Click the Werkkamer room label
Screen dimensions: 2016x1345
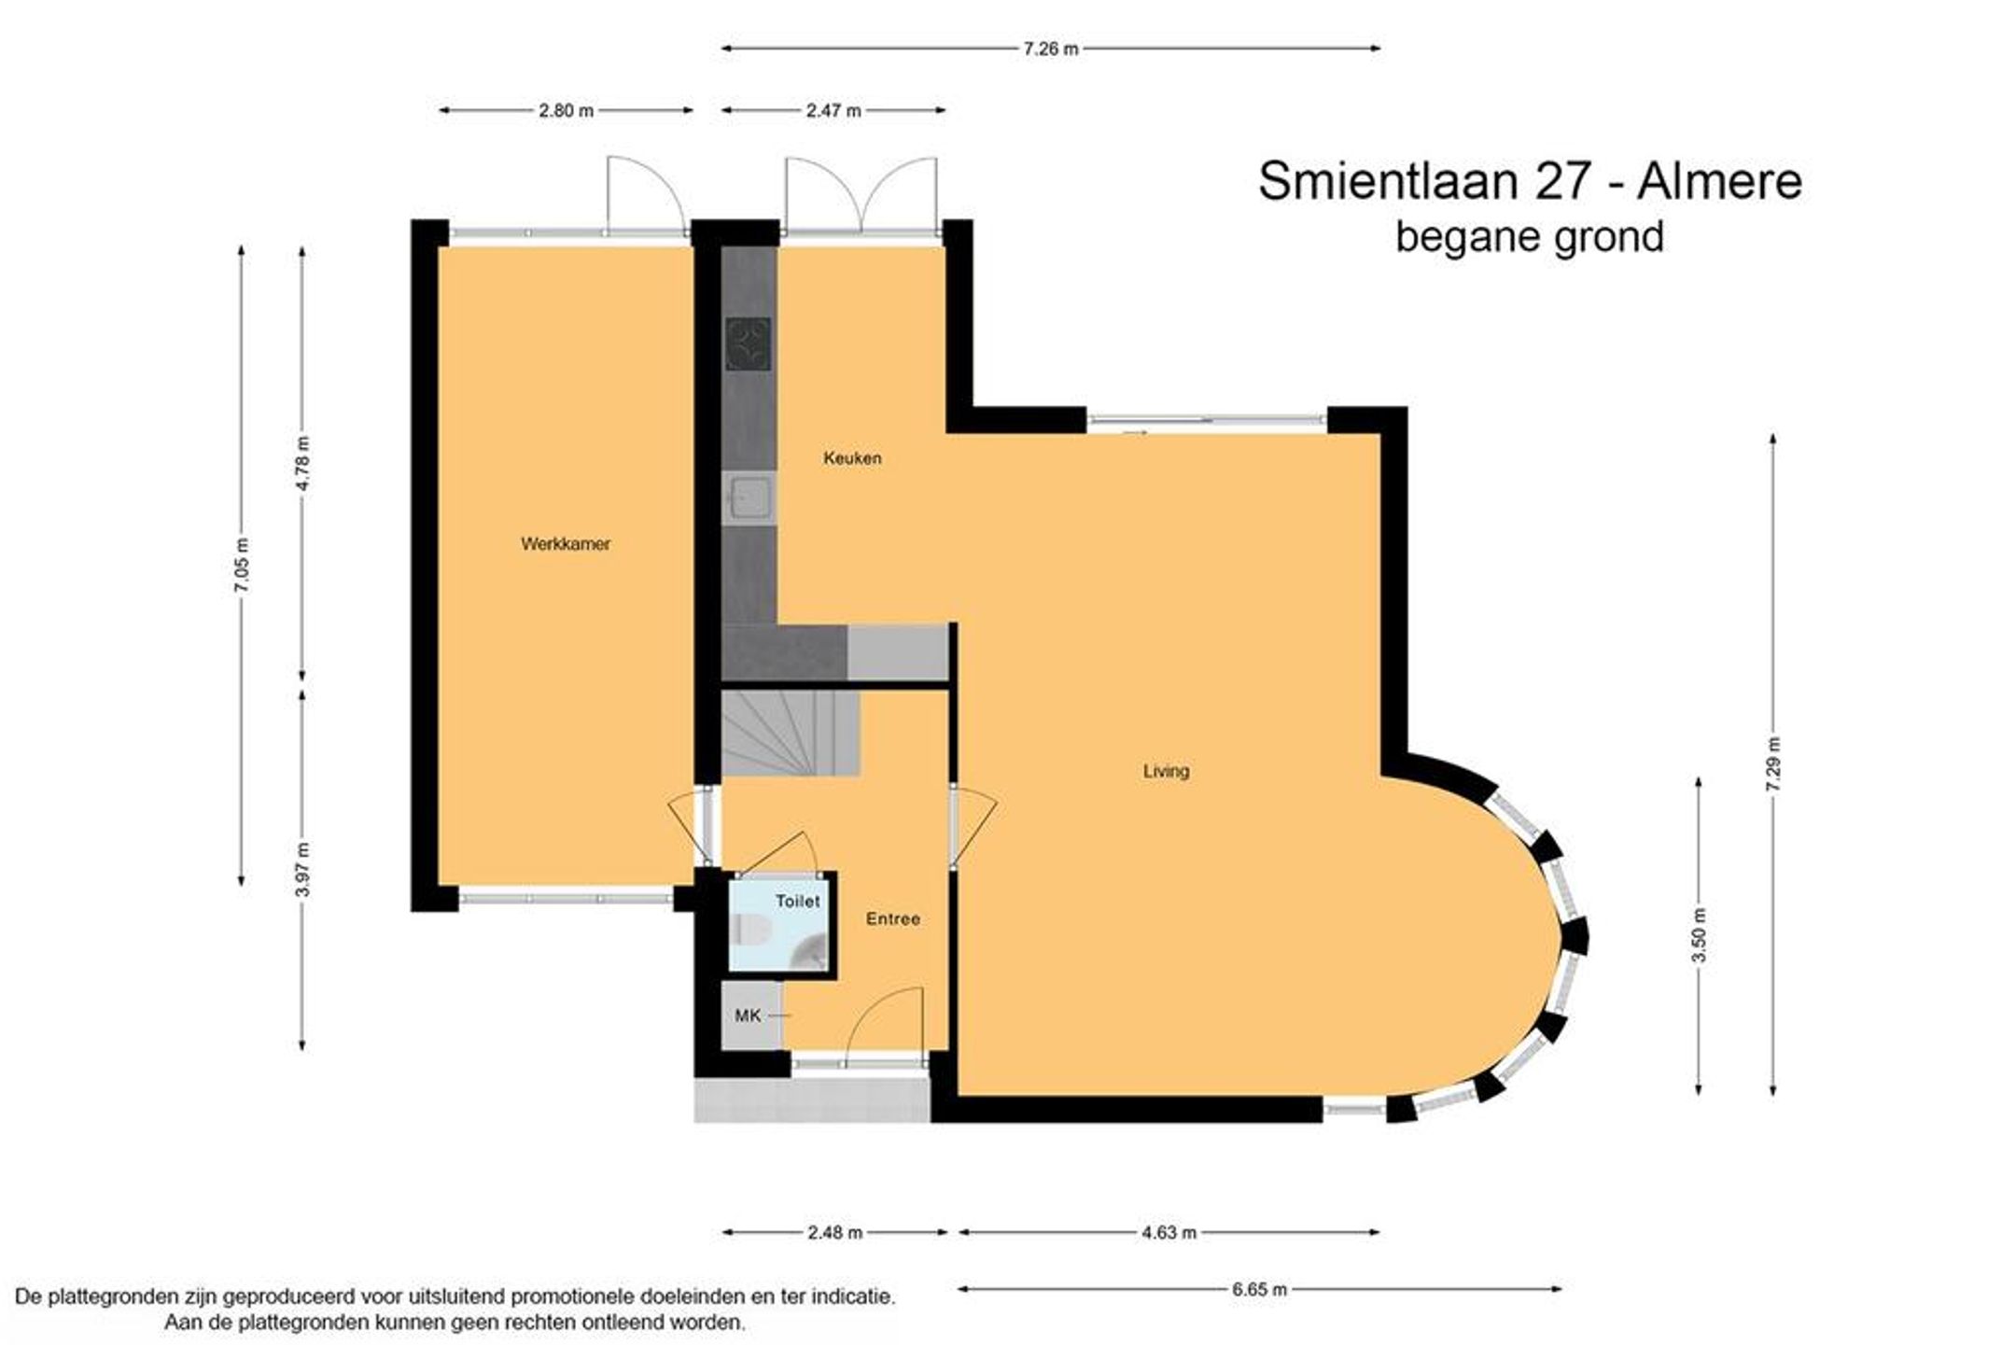point(566,544)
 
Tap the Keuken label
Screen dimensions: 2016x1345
point(852,458)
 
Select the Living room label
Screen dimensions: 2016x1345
point(1167,772)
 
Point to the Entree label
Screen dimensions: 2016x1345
point(893,919)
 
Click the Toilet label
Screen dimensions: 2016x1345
point(798,902)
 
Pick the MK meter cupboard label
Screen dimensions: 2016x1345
point(748,1016)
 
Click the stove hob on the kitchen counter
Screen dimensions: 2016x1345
point(749,344)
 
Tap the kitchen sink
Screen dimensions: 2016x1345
point(748,497)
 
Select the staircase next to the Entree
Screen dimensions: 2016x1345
point(791,733)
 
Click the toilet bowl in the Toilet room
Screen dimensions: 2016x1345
point(751,930)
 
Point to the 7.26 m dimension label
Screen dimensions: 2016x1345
point(1051,49)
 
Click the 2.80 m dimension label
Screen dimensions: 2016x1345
point(566,111)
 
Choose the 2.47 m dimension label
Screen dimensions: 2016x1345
point(833,111)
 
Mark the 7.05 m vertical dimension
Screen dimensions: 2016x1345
point(242,565)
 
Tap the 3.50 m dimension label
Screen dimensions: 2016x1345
point(1699,935)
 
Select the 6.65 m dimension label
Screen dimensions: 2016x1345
point(1259,1290)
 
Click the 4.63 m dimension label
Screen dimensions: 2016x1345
point(1169,1233)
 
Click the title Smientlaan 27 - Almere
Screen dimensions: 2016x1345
point(1530,181)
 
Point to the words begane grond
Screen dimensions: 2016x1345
point(1530,237)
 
